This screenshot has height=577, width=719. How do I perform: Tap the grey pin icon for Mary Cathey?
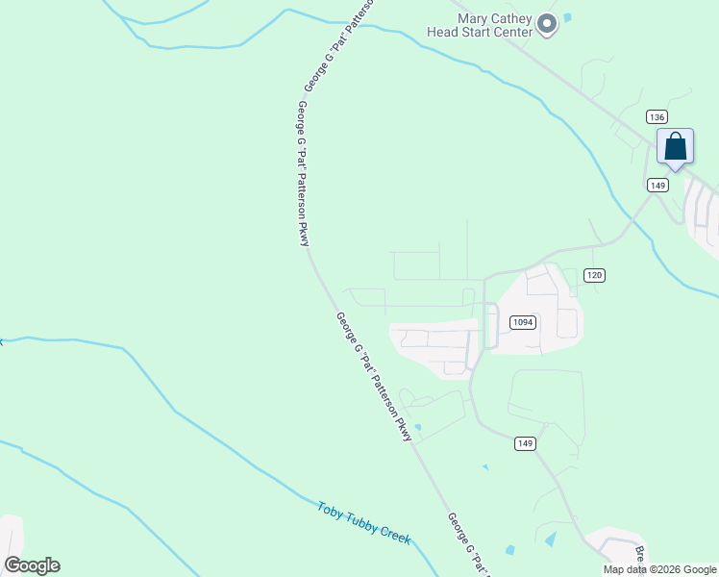pos(547,24)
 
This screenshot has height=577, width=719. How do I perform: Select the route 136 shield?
pos(657,116)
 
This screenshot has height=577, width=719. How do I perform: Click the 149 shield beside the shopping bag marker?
pos(657,185)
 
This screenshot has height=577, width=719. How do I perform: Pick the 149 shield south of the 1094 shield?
pos(525,443)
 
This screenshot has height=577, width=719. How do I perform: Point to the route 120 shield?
pos(594,275)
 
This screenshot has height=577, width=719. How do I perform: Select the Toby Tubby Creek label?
pos(364,523)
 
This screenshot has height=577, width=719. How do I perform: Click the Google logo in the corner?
pos(32,565)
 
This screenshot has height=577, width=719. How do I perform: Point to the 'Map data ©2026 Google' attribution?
pos(660,569)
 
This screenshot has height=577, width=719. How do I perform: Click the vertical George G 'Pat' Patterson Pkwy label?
pos(304,173)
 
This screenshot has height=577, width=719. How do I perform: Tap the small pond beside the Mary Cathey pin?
pos(568,16)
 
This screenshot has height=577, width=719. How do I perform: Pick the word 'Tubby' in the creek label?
pos(362,522)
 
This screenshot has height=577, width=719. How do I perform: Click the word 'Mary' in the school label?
pos(476,17)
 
